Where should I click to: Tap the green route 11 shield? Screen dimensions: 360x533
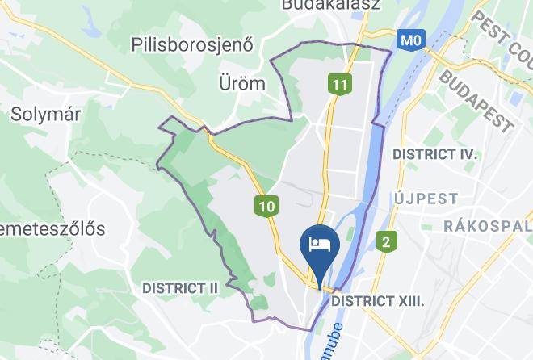coord(339,84)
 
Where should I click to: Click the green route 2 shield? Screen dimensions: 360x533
coord(387,241)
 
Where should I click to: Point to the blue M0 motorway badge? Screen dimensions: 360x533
coord(411,39)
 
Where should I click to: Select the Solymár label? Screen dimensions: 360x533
coord(45,115)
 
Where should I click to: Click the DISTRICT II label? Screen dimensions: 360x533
coord(180,287)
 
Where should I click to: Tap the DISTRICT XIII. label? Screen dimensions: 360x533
coord(378,300)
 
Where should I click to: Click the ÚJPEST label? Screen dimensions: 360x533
coord(426,199)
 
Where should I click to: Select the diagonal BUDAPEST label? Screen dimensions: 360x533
coord(476,100)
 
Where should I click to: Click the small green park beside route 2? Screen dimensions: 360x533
coord(349,235)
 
